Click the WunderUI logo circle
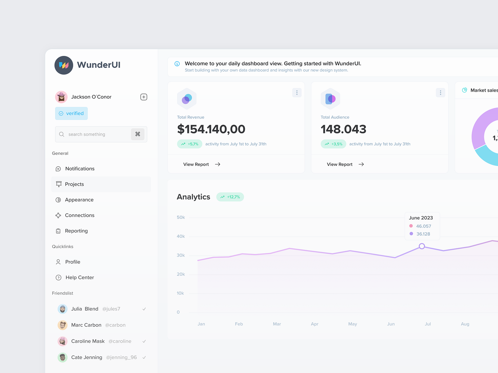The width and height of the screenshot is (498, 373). point(64,65)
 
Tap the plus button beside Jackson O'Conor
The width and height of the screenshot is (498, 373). point(144,97)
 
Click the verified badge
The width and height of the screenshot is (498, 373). point(72,113)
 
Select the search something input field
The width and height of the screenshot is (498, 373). point(93,134)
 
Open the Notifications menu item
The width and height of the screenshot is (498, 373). point(80,169)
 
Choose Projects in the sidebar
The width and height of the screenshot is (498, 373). point(74,184)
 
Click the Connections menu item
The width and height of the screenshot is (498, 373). point(79,215)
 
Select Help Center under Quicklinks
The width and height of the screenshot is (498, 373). point(79,278)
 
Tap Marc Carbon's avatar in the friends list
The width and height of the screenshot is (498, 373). point(63,325)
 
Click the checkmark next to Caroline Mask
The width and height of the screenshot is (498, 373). point(144,341)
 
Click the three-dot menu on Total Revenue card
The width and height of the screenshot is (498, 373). point(297,93)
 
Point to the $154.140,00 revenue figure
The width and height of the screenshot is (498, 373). point(211,129)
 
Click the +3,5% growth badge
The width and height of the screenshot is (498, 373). point(333,144)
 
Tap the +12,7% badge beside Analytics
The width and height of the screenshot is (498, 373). point(230,197)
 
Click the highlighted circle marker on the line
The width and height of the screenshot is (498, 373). point(422,246)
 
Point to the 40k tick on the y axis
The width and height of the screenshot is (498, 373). point(181,237)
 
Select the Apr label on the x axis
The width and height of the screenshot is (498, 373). point(315,324)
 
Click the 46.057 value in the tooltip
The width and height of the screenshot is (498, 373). point(424,226)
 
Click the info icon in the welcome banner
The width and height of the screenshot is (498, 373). point(177,64)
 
